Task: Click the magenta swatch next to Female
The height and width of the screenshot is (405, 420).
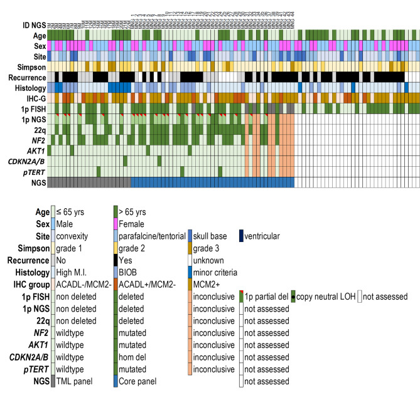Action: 115,223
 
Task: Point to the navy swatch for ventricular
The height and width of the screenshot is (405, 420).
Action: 240,236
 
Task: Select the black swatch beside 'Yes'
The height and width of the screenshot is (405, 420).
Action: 115,260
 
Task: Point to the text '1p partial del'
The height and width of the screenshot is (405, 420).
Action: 266,297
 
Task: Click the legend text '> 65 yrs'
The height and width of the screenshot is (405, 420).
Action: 134,211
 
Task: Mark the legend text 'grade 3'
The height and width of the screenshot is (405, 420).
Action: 207,248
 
